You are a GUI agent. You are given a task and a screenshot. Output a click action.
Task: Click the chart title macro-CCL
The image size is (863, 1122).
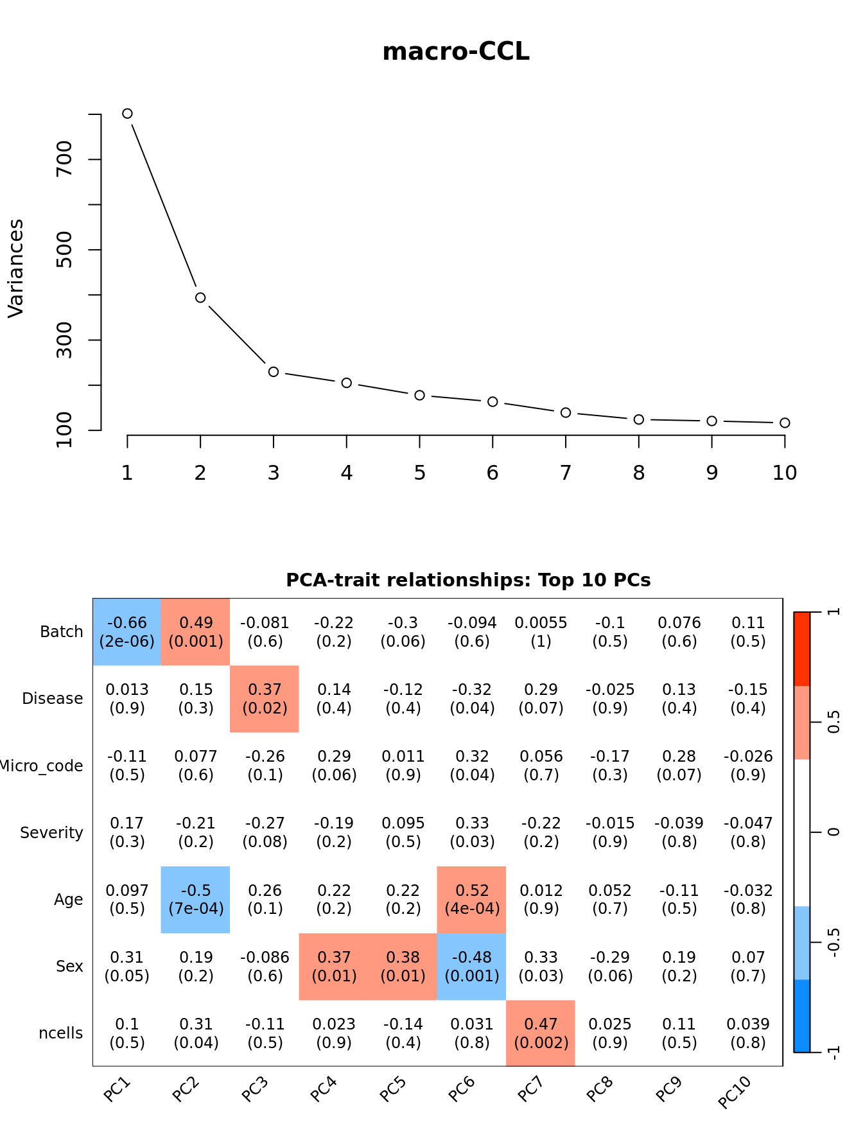coord(456,52)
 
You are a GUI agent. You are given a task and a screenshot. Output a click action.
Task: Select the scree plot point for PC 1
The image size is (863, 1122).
coord(127,114)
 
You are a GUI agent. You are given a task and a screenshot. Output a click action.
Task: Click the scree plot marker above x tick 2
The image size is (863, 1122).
coord(200,297)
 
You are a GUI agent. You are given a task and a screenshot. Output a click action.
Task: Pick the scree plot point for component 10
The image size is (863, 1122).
coord(785,423)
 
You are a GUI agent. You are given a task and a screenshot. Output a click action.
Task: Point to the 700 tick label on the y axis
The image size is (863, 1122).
coord(65,159)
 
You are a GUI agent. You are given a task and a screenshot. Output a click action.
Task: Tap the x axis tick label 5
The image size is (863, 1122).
coord(419,473)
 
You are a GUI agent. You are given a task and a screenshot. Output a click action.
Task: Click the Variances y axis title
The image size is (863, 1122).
coord(16,268)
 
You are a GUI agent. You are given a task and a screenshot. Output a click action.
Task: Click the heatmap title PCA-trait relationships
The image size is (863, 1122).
coord(468,580)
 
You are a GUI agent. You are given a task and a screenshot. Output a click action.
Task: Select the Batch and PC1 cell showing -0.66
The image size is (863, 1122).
coord(127,632)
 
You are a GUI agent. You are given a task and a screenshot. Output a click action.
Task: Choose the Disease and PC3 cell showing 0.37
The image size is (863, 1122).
coord(265,699)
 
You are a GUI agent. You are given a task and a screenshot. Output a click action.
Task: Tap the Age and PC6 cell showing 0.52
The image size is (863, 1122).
coord(472,899)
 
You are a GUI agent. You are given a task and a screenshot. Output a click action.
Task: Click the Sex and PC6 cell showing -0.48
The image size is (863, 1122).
coord(472,967)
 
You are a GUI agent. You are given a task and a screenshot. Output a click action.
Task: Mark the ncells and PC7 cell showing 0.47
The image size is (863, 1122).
coord(541,1033)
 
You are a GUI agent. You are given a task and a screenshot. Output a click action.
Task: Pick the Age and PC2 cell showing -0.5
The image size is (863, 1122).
coord(196,899)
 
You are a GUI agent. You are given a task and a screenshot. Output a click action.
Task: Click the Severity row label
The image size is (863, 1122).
coord(51,833)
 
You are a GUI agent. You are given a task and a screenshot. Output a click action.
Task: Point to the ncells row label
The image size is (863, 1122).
coord(61,1033)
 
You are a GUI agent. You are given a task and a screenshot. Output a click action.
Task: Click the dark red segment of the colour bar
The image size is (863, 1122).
coord(802,649)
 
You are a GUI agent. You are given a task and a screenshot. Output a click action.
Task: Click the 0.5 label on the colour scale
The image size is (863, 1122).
coord(833,722)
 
